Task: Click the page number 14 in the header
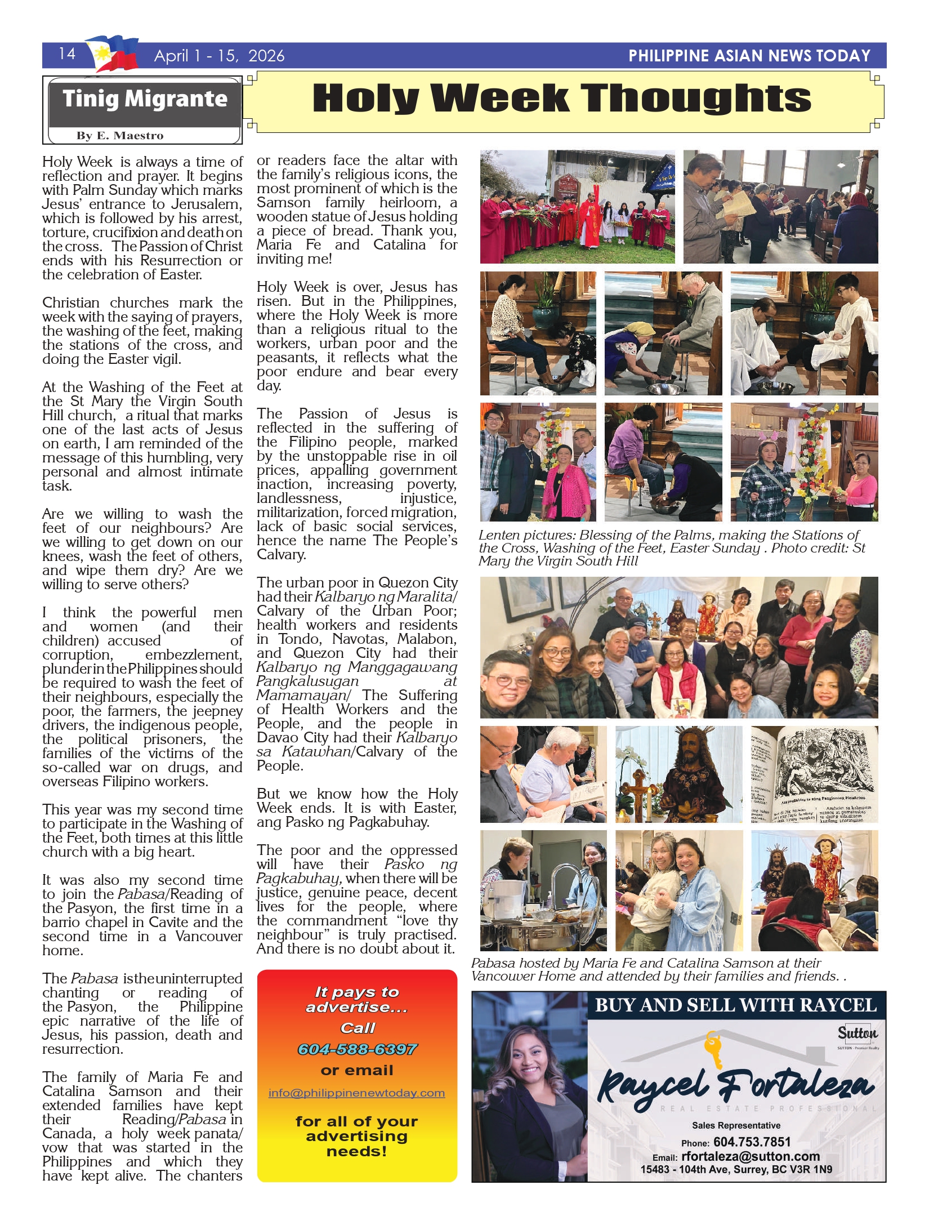67,54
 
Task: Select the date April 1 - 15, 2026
219,56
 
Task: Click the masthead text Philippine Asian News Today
749,56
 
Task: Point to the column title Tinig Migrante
145,99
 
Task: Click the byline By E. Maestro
120,136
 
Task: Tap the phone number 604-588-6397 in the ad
357,1049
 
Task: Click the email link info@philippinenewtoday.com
356,1093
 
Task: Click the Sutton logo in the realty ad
857,1033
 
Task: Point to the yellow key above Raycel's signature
714,1048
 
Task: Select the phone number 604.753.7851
752,1142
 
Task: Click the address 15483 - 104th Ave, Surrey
736,1170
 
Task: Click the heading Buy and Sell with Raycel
735,1006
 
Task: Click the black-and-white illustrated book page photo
814,775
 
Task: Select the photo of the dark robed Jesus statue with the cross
678,775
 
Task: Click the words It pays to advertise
357,999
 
